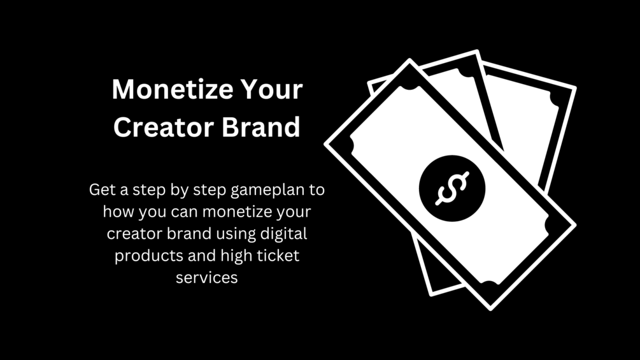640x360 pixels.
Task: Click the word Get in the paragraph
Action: (102, 190)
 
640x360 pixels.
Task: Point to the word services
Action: (206, 278)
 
